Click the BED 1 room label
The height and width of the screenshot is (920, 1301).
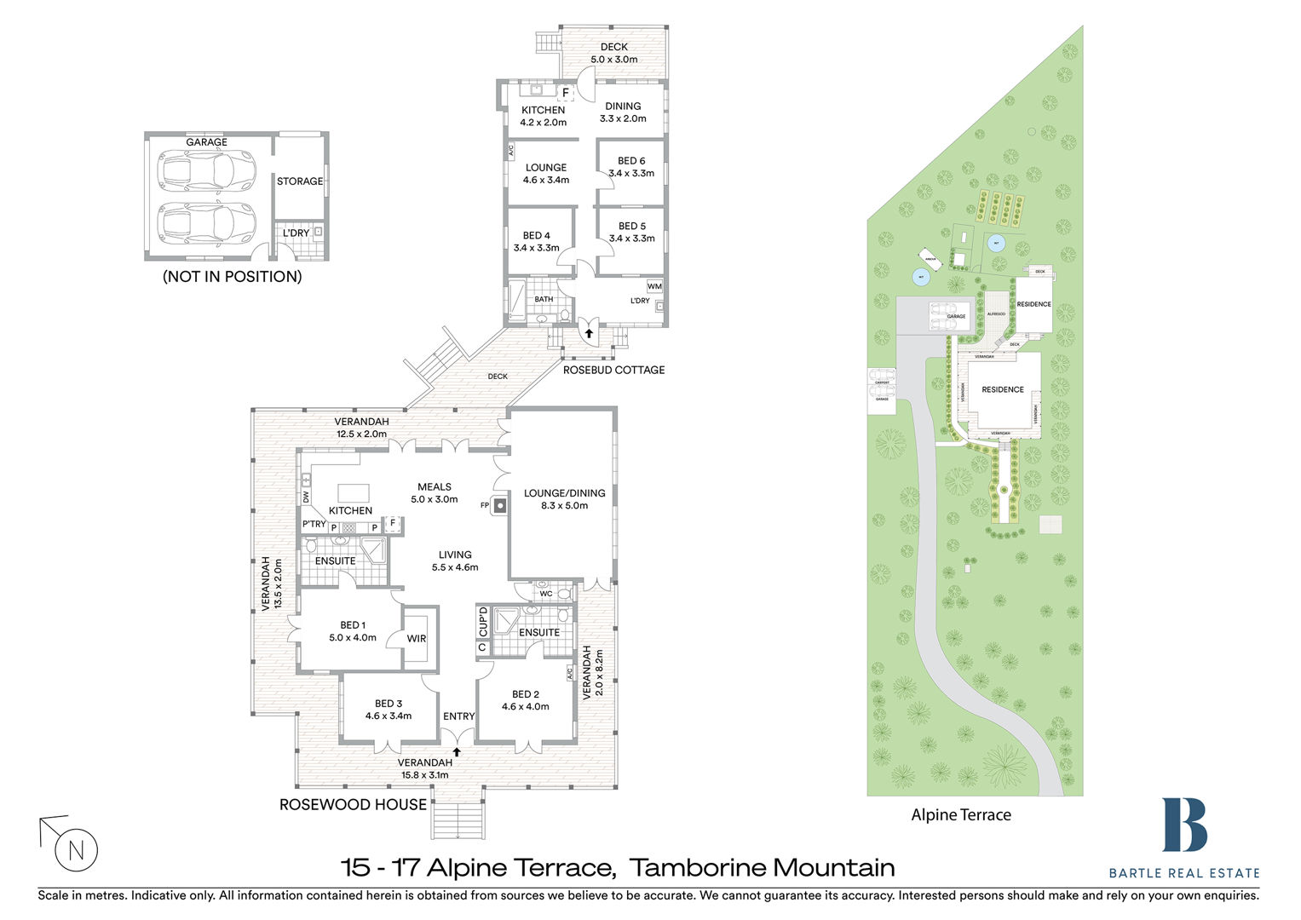click(x=353, y=631)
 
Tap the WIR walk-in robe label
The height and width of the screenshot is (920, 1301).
click(x=417, y=639)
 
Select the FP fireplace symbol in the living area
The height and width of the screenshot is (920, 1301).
click(x=500, y=505)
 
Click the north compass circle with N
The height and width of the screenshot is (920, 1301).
click(x=77, y=849)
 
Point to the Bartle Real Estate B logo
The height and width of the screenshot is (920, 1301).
click(x=1184, y=825)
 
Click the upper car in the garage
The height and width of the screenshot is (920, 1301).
click(x=207, y=170)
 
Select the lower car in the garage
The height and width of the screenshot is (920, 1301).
click(x=207, y=223)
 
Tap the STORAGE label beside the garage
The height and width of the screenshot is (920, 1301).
click(x=300, y=181)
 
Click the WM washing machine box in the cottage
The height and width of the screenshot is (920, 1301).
click(x=654, y=286)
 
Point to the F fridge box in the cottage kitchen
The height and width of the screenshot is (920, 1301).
click(x=566, y=92)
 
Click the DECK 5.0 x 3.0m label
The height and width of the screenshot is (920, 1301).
click(x=614, y=53)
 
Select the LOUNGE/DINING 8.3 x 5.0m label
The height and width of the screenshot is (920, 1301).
click(x=564, y=499)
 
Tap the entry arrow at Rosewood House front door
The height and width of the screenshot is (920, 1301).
click(x=457, y=751)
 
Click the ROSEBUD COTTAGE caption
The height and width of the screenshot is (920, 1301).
click(x=613, y=370)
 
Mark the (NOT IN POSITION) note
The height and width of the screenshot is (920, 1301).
click(x=233, y=277)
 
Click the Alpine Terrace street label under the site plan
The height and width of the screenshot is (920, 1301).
click(x=961, y=815)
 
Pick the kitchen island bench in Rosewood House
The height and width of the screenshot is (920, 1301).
click(x=354, y=492)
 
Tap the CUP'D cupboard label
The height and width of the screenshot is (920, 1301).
click(x=483, y=622)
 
